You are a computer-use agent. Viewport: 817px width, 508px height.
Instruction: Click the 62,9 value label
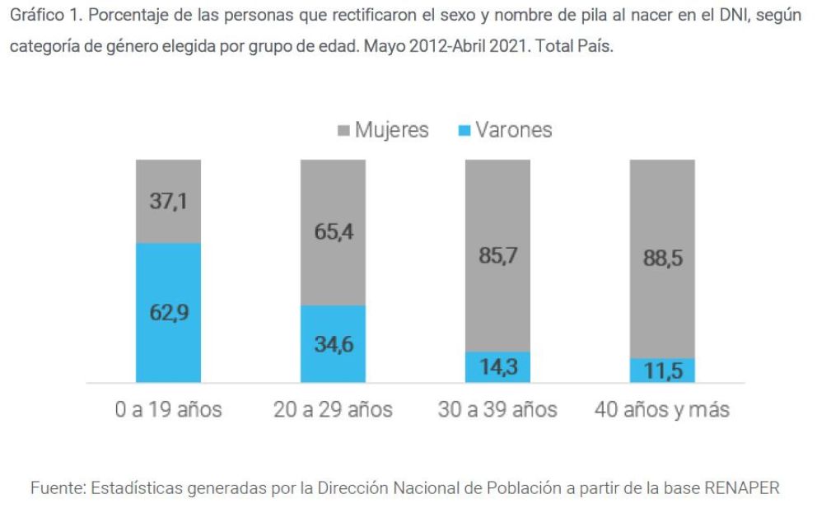[168, 313]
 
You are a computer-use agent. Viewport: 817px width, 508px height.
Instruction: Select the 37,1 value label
[168, 201]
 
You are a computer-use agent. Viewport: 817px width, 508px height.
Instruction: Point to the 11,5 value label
[663, 371]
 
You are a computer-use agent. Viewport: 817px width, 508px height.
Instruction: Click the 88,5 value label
[663, 258]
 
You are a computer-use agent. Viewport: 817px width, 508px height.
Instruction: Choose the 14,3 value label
[498, 367]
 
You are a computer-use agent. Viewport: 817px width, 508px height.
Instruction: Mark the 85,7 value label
[498, 256]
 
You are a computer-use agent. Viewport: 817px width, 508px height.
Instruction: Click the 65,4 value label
[334, 232]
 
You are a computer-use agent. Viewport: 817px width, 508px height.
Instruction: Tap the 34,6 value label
[334, 344]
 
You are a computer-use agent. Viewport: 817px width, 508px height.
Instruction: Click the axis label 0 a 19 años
[168, 409]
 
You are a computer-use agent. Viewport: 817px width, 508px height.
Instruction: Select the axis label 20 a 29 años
[333, 409]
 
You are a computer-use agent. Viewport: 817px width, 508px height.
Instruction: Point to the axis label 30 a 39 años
[497, 409]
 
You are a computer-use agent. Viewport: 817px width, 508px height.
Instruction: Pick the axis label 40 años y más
[662, 409]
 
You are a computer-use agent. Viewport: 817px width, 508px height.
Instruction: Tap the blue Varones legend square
[464, 131]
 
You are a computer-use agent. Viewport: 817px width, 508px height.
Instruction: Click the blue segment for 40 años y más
[662, 371]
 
